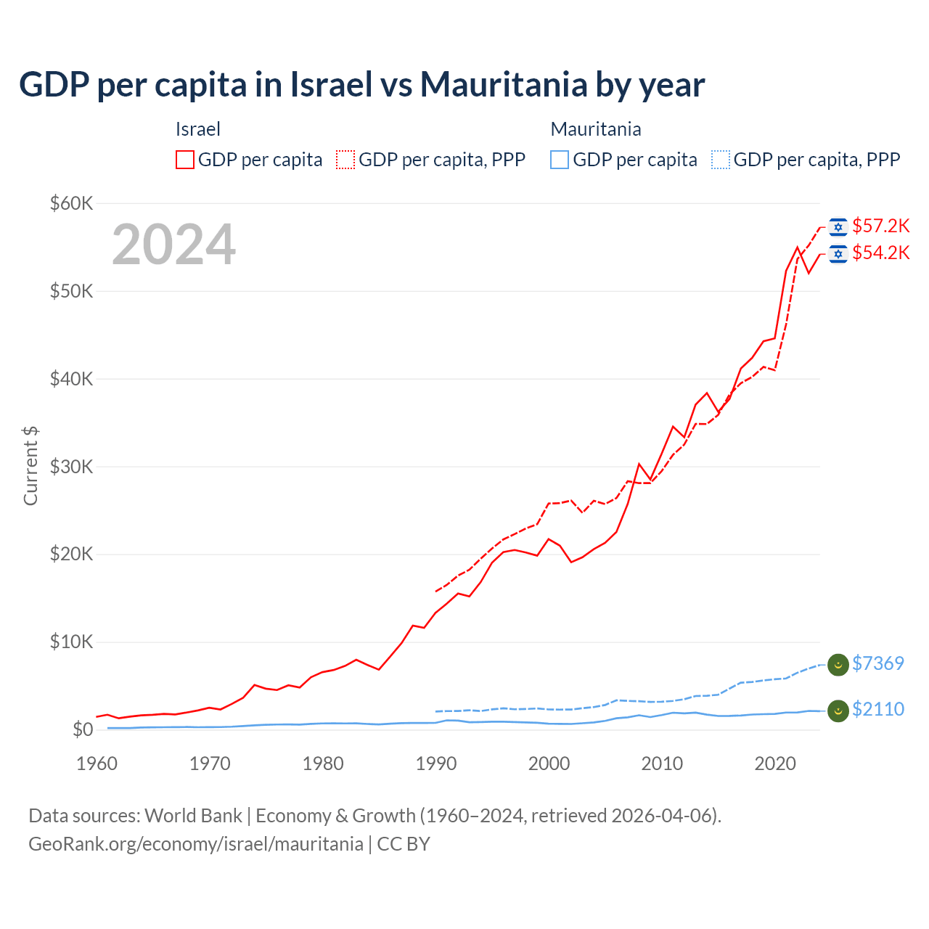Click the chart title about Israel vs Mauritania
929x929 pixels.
coord(361,85)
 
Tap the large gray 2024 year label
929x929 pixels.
coord(174,245)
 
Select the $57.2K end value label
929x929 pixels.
coord(880,226)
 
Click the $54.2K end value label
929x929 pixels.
coord(880,253)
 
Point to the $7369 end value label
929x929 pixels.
coord(877,663)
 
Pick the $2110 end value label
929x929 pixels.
coord(877,709)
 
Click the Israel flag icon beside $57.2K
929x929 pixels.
coord(838,227)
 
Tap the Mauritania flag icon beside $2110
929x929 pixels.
coord(838,711)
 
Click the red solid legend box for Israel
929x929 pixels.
coord(185,160)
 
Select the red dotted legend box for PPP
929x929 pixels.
coord(345,160)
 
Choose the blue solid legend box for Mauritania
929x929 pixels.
coord(560,160)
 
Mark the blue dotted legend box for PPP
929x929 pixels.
coord(721,160)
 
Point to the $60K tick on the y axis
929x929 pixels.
coord(71,203)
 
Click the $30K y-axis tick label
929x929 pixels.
coord(71,467)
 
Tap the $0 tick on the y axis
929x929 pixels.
coord(83,729)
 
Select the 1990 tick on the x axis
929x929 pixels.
coord(436,764)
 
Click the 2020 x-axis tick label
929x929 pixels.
coord(775,764)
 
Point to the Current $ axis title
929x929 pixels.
coord(30,466)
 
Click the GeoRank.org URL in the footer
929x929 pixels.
coord(196,844)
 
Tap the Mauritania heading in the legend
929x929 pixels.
coord(596,129)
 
